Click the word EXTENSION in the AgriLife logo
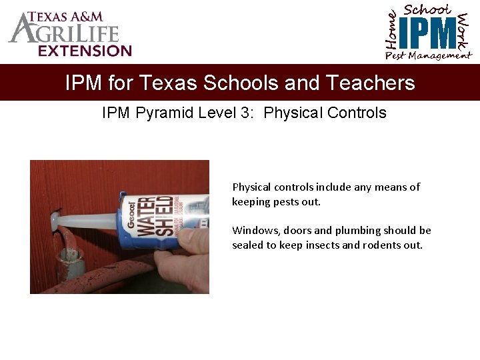85,51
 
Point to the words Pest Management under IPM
428,56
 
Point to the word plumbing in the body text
378,231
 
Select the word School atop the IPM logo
428,10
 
